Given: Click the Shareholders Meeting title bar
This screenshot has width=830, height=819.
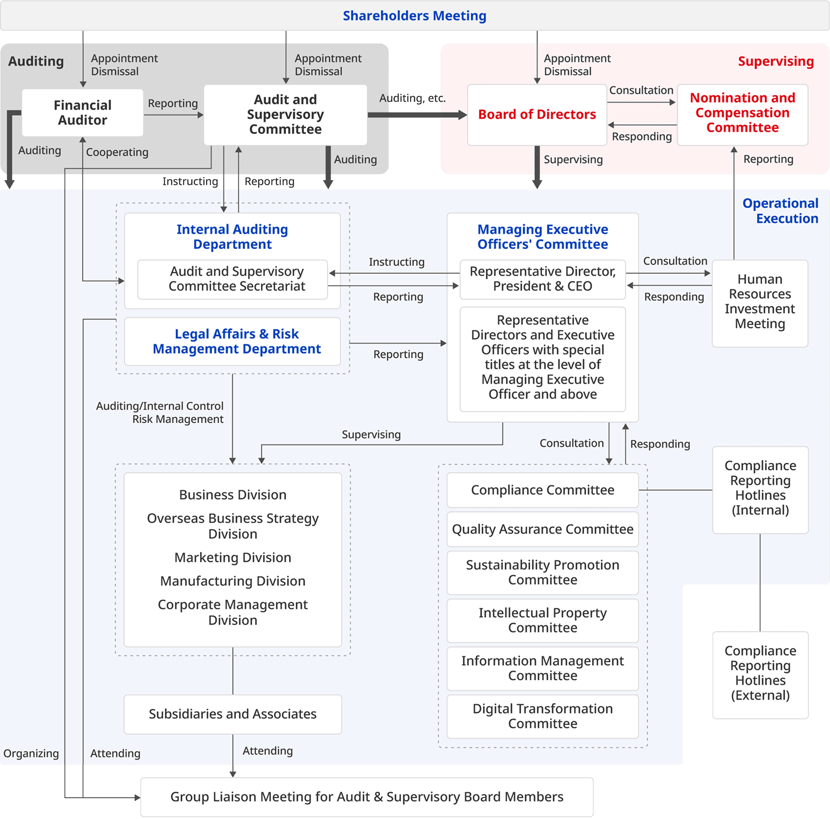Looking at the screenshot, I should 415,16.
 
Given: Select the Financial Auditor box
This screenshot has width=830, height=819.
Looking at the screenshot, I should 82,113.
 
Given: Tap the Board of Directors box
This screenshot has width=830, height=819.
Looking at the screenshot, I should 537,115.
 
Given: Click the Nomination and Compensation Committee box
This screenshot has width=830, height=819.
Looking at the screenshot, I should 742,113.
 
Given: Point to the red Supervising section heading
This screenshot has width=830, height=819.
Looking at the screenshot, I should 775,62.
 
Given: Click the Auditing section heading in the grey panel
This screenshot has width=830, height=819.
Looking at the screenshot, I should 36,62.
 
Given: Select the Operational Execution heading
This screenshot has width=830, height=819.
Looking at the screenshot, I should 780,211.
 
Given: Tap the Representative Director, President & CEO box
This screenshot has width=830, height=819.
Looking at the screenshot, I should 542,279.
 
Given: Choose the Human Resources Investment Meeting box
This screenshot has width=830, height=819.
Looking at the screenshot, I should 760,302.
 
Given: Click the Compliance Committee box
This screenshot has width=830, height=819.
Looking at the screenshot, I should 542,490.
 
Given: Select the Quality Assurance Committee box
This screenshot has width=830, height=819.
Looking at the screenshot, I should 542,529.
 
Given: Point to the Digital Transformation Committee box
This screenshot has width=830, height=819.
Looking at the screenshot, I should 542,716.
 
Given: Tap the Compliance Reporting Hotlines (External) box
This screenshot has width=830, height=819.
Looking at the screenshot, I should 760,673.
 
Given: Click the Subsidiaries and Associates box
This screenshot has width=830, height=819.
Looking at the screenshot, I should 232,714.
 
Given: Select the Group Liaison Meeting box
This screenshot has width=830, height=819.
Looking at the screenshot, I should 367,797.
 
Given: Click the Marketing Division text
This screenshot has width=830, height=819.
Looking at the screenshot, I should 233,557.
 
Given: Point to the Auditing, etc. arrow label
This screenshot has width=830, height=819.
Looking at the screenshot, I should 412,98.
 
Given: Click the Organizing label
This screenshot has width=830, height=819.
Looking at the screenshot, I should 31,753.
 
